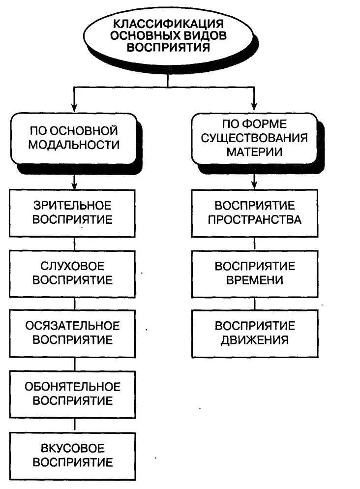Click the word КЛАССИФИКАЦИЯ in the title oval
pos(169,23)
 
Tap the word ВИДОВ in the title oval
pos(203,35)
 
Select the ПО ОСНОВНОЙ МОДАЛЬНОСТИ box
pos(74,138)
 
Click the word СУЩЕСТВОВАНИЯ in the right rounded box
pos(254,137)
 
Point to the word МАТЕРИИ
pos(254,151)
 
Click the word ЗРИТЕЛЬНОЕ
pos(73,205)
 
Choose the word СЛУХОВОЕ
pos(73,266)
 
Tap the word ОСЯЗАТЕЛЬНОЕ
pos(73,326)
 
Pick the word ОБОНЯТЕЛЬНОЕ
pos(73,386)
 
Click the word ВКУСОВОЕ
pos(73,448)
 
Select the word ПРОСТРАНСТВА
pos(254,219)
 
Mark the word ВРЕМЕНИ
pos(254,280)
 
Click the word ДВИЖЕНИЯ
pos(254,340)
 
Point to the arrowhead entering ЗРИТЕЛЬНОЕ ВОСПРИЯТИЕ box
pos(74,186)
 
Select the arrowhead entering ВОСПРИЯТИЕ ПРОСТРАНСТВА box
pos(254,186)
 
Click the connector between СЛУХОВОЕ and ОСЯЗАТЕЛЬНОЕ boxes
pos(74,304)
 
